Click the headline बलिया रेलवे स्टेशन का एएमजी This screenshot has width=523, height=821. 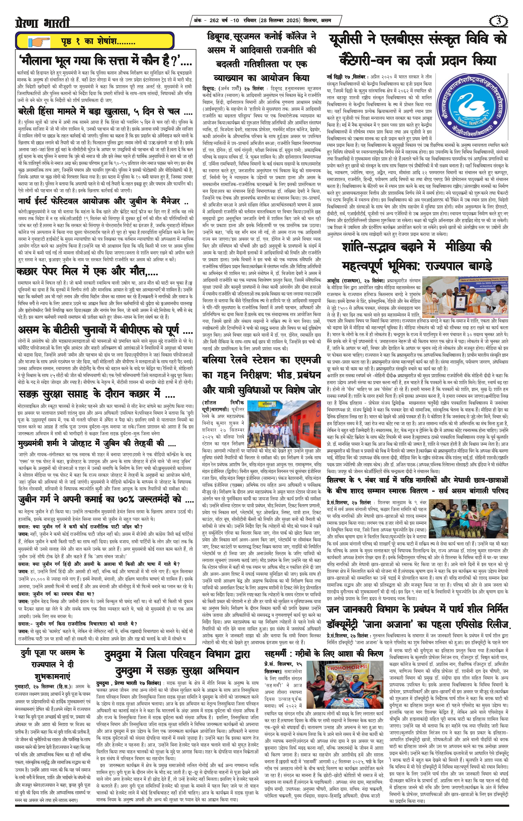pos(261,374)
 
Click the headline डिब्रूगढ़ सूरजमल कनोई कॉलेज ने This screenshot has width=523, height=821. pos(261,57)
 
